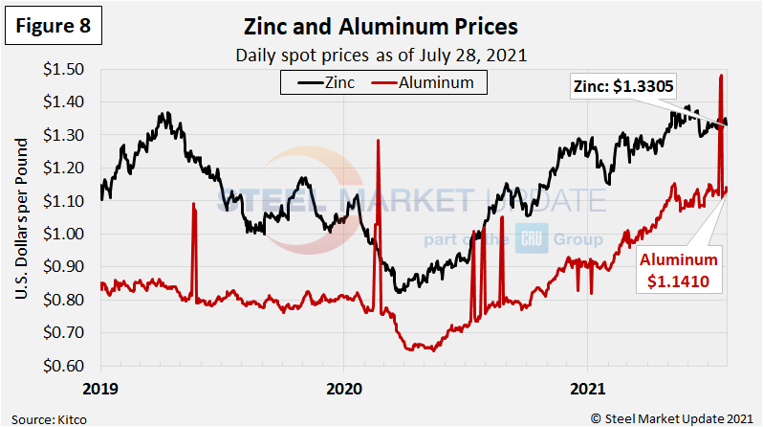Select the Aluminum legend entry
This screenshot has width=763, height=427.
coord(431,82)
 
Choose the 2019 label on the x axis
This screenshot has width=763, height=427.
coord(101,389)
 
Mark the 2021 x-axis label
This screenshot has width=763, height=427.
coord(585,389)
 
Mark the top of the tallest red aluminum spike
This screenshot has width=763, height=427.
coord(720,76)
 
